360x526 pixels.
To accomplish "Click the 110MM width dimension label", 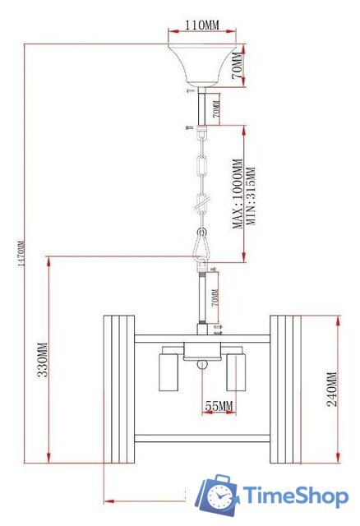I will pyautogui.click(x=201, y=26).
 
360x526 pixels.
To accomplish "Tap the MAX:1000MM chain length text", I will pyautogui.click(x=237, y=193).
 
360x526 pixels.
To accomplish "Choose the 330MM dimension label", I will pyautogui.click(x=42, y=360).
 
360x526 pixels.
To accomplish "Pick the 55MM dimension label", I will pyautogui.click(x=218, y=405).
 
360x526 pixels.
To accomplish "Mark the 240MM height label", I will pyautogui.click(x=332, y=394).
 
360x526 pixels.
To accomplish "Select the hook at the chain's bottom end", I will pyautogui.click(x=202, y=243).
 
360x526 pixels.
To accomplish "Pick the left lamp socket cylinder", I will pyautogui.click(x=168, y=371).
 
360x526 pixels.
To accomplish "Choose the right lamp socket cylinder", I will pyautogui.click(x=236, y=371).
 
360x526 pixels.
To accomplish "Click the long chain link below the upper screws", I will pyautogui.click(x=202, y=164).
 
